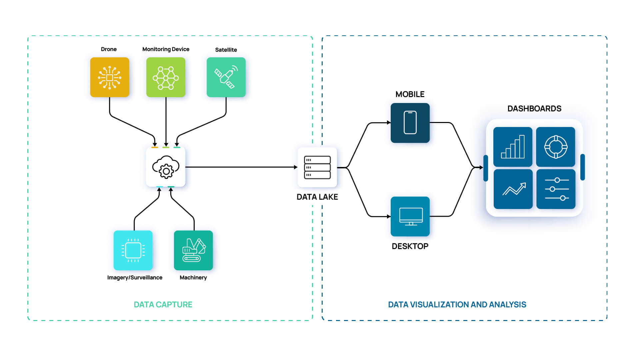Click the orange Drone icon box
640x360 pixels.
(109, 77)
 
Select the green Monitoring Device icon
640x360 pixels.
(166, 77)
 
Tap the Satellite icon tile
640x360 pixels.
(226, 77)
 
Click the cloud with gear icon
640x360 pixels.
(166, 167)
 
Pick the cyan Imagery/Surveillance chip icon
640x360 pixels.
(133, 250)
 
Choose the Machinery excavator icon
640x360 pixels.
(193, 250)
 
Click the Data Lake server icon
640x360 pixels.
(317, 167)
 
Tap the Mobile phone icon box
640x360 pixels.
(410, 123)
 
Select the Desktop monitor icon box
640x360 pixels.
(410, 217)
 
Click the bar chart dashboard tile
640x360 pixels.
(513, 147)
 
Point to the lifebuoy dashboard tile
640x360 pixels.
(556, 147)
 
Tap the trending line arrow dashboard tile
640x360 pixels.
(513, 189)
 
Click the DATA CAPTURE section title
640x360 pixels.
(163, 305)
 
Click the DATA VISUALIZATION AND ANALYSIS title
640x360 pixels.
(457, 305)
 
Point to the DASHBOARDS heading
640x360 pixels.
(534, 109)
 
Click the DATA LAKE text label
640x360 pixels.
(317, 197)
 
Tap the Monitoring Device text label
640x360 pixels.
(166, 49)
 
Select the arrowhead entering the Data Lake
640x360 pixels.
(296, 167)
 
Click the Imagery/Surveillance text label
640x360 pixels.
(135, 278)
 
